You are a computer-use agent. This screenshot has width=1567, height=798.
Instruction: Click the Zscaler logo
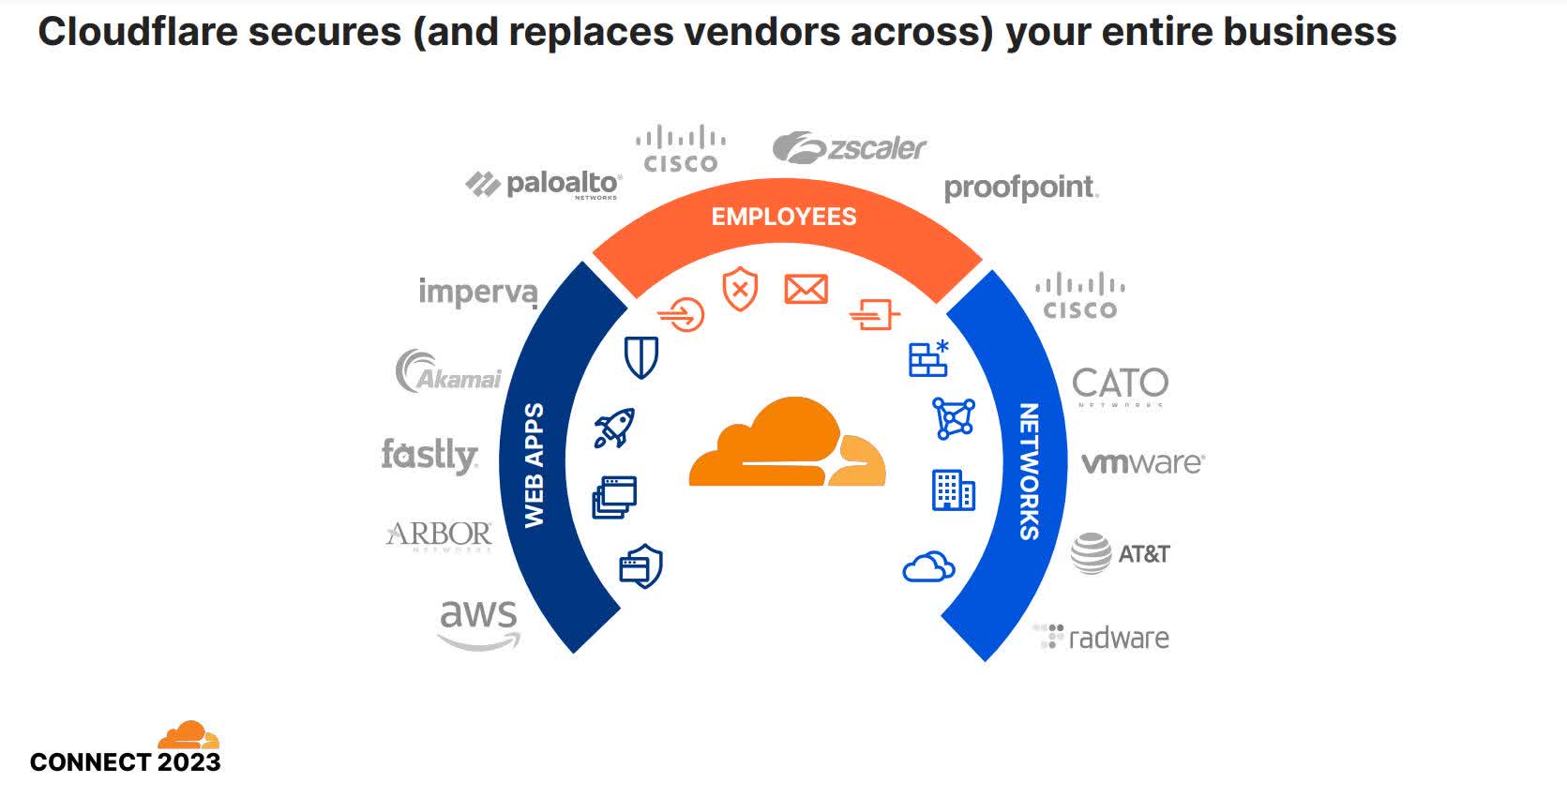(x=850, y=148)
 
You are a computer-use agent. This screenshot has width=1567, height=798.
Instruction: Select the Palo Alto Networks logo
(x=544, y=184)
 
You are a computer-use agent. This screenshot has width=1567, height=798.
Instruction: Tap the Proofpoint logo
(x=1020, y=188)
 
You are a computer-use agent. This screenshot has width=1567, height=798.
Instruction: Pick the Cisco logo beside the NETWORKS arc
(x=1080, y=297)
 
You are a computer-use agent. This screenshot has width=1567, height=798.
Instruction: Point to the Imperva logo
(x=478, y=292)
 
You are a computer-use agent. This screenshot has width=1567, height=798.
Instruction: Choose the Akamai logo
(x=448, y=371)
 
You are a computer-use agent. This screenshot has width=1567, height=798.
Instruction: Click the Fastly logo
(x=429, y=456)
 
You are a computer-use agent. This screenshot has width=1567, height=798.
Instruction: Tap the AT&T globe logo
(x=1091, y=553)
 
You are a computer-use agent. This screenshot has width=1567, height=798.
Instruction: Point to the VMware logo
(x=1142, y=463)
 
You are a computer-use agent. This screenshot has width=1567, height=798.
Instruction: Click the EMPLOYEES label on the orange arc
(x=784, y=217)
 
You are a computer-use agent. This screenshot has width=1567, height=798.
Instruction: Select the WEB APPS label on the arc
(x=534, y=465)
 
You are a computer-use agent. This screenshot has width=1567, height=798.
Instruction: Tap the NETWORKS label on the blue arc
(x=1029, y=471)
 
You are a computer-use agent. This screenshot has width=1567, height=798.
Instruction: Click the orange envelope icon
(x=806, y=289)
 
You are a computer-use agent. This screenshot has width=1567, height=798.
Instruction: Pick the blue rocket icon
(x=615, y=427)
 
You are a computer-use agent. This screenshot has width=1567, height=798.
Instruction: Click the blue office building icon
(x=953, y=490)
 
